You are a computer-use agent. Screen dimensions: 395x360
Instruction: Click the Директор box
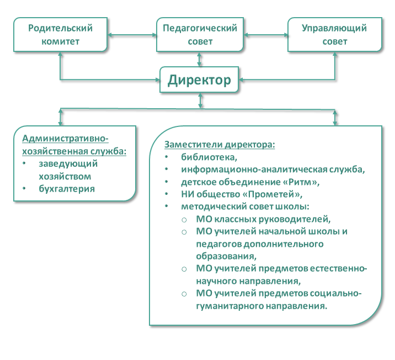(199, 80)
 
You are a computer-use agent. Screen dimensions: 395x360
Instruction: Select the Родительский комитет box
(61, 35)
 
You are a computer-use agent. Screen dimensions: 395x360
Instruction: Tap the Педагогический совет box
(200, 35)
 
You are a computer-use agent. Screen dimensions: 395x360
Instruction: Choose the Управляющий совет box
(335, 35)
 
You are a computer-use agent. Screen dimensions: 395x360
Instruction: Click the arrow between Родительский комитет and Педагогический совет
(132, 35)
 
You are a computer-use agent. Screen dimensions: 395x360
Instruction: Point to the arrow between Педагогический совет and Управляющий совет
(266, 35)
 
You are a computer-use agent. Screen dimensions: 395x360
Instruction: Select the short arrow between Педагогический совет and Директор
(200, 60)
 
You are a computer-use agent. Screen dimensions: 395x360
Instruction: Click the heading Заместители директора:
(220, 145)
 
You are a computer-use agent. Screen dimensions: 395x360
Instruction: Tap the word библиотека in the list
(209, 157)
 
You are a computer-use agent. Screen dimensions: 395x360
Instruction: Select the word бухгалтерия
(67, 189)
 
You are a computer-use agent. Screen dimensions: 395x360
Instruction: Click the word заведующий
(68, 164)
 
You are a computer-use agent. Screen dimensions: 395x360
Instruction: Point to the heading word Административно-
(65, 139)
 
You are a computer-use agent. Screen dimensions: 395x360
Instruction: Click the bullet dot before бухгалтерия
(24, 188)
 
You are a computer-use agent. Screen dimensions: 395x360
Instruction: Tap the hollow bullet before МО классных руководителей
(184, 220)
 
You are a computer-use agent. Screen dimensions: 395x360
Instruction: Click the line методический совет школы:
(245, 207)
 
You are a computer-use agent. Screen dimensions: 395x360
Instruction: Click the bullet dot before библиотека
(166, 157)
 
